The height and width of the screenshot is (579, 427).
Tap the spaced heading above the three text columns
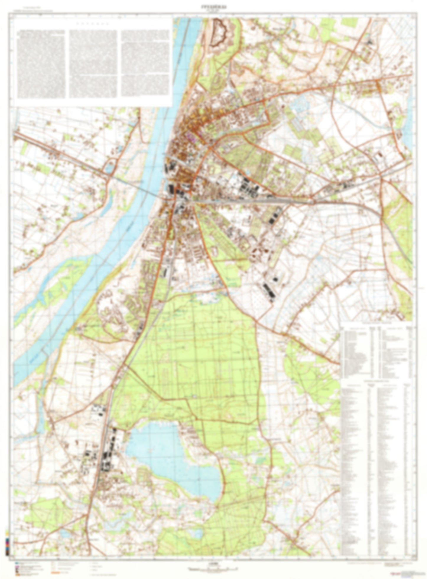(x=93, y=23)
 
